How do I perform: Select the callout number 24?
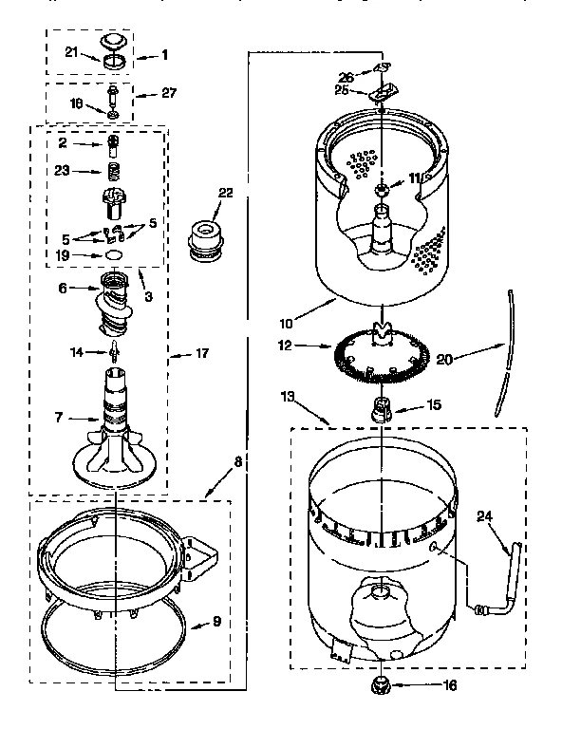[x=484, y=518]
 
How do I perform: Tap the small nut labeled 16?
[x=380, y=684]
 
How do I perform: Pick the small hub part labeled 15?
[x=380, y=409]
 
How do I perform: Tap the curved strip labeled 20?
[x=506, y=356]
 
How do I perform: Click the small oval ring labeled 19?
[x=114, y=254]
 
